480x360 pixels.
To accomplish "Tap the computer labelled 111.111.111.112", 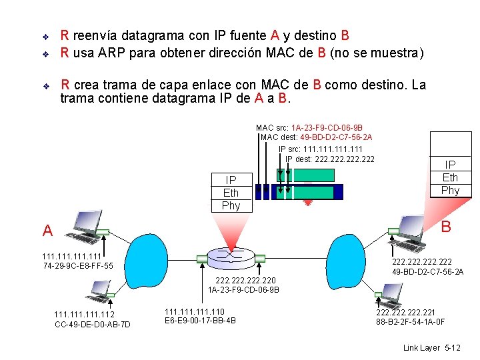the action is (x=99, y=289).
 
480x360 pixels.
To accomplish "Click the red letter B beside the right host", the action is (x=446, y=227).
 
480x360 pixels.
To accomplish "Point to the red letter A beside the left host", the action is (x=47, y=231).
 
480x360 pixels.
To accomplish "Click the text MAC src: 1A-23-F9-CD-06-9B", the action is (x=309, y=127).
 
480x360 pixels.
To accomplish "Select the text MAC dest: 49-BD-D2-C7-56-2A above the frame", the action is (x=317, y=137).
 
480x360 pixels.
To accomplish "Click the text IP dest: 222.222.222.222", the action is (x=330, y=159).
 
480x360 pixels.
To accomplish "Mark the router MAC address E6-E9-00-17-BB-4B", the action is (x=200, y=321).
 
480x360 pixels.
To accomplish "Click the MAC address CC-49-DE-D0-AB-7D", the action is (x=93, y=325).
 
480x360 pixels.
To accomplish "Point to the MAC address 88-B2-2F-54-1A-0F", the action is (x=410, y=323).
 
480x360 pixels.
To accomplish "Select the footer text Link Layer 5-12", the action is (x=432, y=349).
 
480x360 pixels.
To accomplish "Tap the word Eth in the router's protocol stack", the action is (x=231, y=193).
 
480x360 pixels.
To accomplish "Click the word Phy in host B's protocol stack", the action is (x=450, y=190).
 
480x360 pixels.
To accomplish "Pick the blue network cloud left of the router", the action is (x=149, y=255).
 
